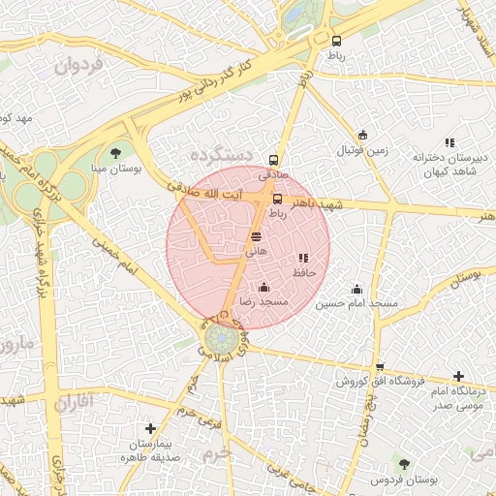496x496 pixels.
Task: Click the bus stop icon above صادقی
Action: (273, 160)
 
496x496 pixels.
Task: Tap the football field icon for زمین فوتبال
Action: (362, 136)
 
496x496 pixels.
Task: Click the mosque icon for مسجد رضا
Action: (263, 287)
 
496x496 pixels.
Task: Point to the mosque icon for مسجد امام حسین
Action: (356, 289)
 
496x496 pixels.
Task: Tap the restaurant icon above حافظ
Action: (303, 259)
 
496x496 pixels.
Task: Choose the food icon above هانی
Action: (256, 235)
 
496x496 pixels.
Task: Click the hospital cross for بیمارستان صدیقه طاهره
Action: (150, 428)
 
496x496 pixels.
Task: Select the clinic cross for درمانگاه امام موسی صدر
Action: (458, 376)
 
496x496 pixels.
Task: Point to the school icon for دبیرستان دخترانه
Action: (449, 142)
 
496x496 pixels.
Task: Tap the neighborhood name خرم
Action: (221, 452)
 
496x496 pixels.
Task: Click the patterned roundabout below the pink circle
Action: (222, 340)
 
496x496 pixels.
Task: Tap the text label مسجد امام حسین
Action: (356, 304)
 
